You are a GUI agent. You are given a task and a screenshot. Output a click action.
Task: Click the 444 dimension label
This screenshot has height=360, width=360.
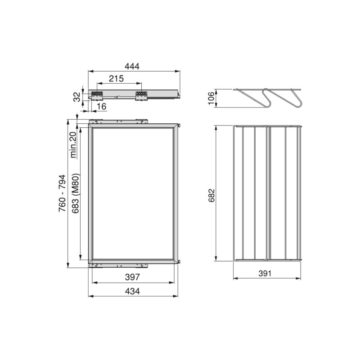click(132, 66)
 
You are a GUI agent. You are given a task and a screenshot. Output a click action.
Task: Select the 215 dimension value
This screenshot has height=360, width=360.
click(116, 79)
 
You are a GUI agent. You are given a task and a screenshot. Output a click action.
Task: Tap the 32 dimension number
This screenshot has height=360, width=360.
click(76, 96)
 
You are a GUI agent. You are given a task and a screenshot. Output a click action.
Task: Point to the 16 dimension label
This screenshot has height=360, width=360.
click(101, 106)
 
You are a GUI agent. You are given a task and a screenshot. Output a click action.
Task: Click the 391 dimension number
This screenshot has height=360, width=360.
click(267, 274)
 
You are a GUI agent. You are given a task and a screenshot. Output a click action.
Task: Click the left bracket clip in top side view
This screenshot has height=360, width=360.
click(98, 95)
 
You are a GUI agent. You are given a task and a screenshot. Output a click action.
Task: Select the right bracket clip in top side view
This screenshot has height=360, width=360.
click(141, 95)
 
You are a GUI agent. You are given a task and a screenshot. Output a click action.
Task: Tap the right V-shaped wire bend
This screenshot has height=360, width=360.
click(292, 99)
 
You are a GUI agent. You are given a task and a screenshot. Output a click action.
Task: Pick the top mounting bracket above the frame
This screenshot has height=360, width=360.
click(119, 121)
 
